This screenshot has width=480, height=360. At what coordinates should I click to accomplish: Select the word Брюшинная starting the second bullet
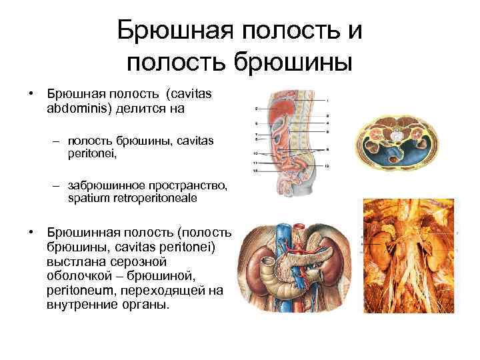point(74,233)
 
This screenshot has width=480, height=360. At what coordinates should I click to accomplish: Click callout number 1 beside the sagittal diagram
point(327,99)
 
